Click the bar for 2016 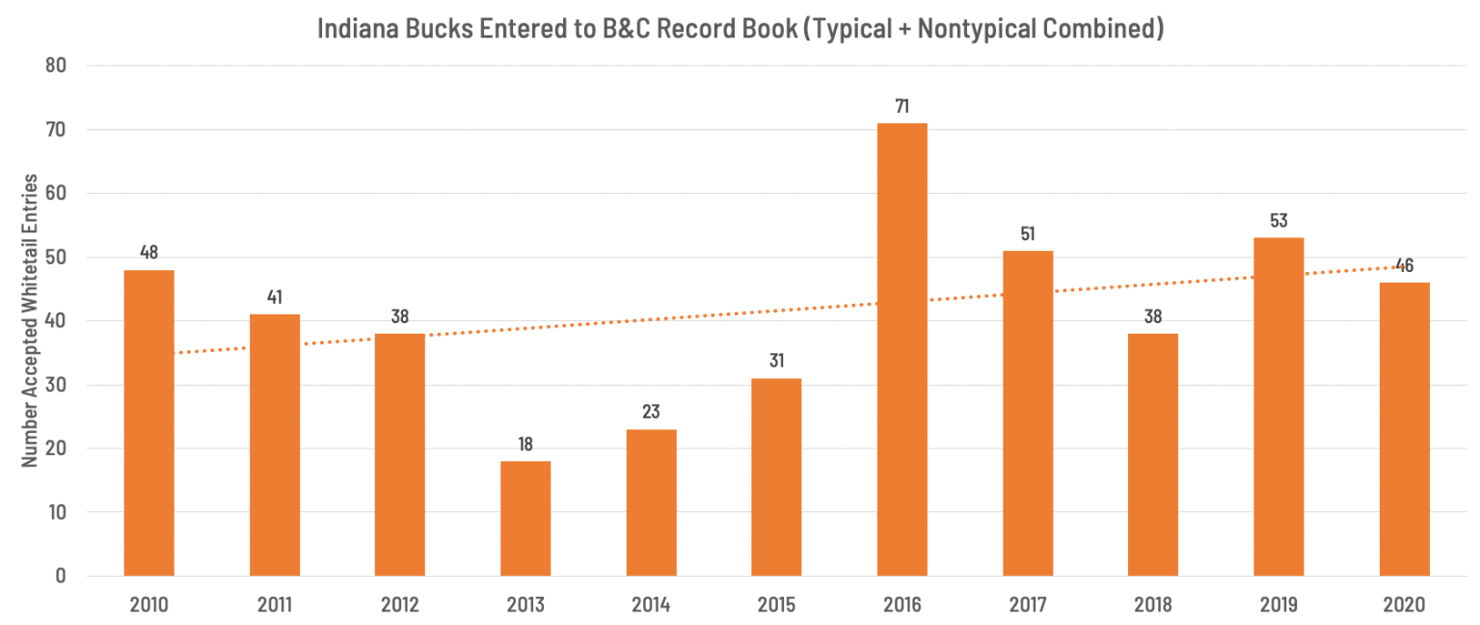(901, 349)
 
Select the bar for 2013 (525, 518)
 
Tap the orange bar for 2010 (149, 422)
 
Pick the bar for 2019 (1278, 406)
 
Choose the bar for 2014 (651, 503)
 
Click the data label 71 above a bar (901, 106)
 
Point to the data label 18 (525, 445)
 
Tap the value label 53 (1278, 221)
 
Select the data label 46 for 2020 (1404, 266)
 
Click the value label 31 (776, 362)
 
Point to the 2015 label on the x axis (776, 606)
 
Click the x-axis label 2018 (1153, 606)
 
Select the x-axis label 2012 (400, 606)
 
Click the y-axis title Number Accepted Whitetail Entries (30, 320)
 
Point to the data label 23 (651, 413)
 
